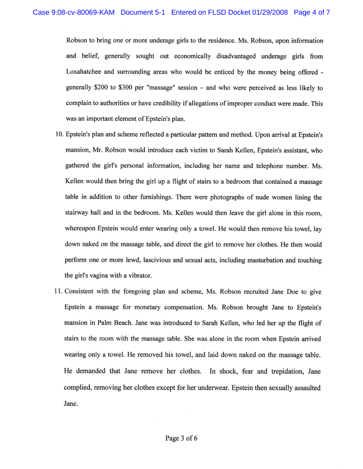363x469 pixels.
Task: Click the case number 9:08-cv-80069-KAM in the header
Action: pos(74,12)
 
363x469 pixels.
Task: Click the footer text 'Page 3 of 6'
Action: pos(181,438)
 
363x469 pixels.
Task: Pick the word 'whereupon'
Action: pos(81,229)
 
